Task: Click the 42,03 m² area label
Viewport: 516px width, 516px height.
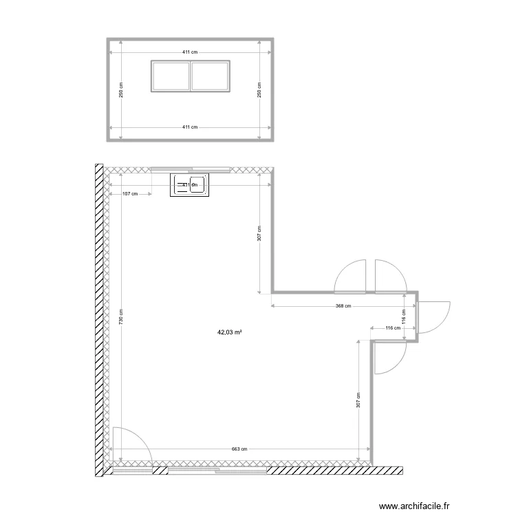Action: click(230, 332)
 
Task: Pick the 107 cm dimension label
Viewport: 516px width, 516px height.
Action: click(129, 194)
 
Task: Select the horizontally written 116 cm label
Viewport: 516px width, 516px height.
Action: click(393, 328)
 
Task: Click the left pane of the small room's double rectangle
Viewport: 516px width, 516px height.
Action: click(170, 76)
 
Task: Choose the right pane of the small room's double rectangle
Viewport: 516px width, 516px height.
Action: click(210, 76)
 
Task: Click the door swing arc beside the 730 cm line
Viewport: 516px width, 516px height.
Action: click(129, 444)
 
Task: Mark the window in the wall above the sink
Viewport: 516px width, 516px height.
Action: click(191, 169)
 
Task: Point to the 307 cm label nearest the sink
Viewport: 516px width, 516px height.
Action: click(259, 234)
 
